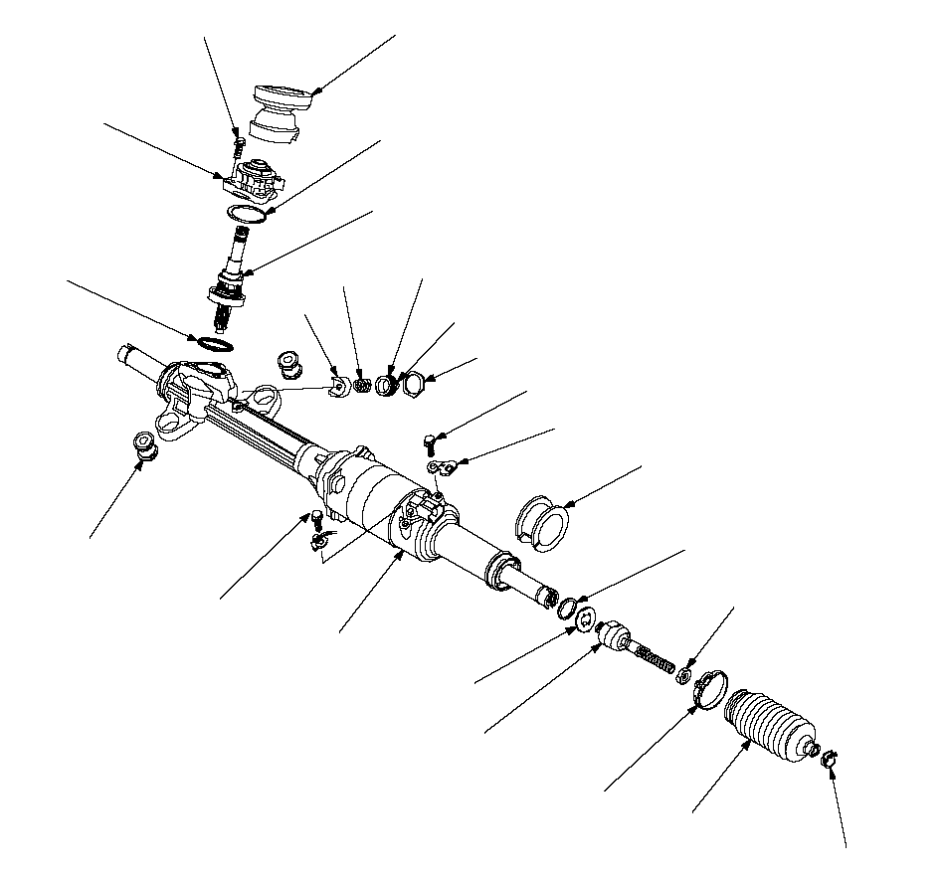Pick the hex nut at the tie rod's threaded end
tap(684, 676)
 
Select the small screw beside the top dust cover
tap(237, 146)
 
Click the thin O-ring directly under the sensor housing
tap(245, 214)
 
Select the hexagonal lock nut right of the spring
tap(414, 383)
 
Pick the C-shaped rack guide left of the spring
tap(338, 385)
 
